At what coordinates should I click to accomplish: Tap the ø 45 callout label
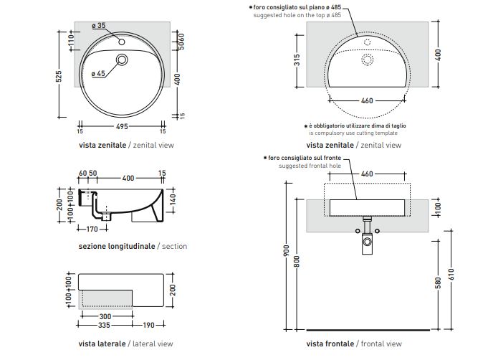pos(98,74)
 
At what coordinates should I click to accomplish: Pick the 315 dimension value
pos(297,62)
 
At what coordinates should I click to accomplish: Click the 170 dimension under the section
pos(92,229)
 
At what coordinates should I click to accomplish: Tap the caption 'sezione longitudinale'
pos(117,246)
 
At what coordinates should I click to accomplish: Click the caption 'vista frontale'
pos(330,344)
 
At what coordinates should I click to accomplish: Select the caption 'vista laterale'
pos(102,344)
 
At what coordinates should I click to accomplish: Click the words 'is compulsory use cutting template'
pos(353,133)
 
